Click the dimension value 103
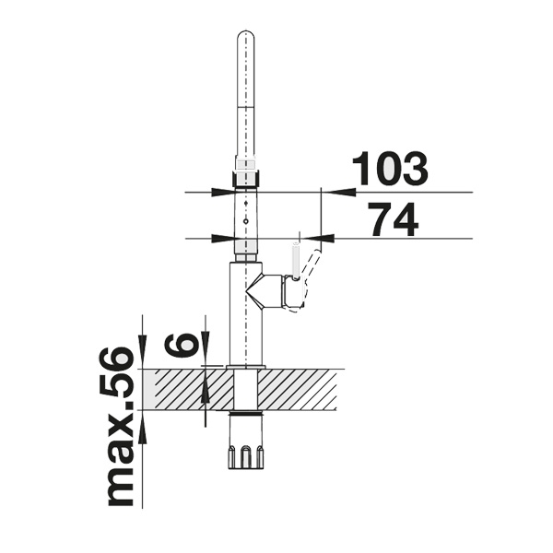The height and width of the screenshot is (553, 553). [390, 169]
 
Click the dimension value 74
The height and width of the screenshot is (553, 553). [394, 219]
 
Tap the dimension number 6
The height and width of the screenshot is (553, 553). [181, 345]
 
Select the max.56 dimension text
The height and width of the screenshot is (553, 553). [120, 426]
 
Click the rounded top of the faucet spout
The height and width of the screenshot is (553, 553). [246, 36]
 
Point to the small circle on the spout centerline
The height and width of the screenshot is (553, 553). [246, 221]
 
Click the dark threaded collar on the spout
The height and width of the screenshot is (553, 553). [246, 178]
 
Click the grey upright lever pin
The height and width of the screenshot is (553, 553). [296, 261]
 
